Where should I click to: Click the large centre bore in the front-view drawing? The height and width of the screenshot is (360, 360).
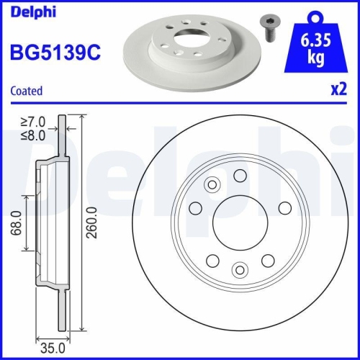point(239,222)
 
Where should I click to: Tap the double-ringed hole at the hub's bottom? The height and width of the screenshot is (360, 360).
point(239,271)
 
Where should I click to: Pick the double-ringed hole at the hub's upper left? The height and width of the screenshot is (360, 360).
point(212,184)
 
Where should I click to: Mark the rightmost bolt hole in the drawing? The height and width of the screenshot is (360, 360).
point(284,208)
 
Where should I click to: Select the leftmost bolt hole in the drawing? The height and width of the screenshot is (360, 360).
point(194,208)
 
